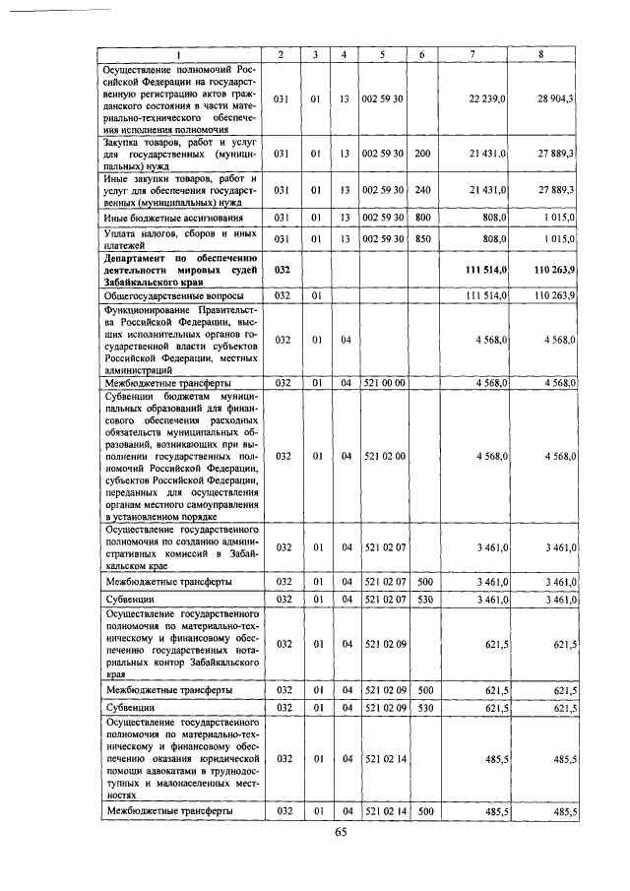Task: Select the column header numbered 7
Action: point(472,54)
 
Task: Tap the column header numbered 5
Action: point(380,54)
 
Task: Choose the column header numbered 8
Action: point(540,54)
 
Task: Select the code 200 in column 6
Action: point(422,154)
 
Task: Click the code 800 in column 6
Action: point(422,217)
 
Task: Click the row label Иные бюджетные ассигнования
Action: point(161,217)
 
